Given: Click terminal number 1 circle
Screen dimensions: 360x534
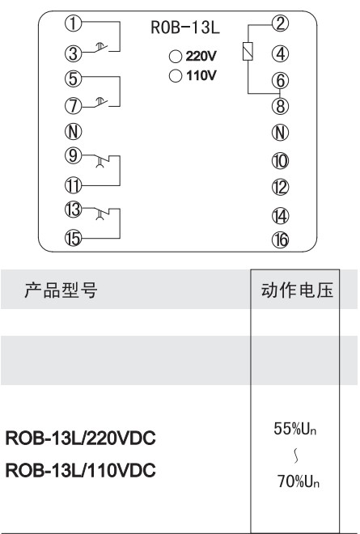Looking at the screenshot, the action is (74, 23).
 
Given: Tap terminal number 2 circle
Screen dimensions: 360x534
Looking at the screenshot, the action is (280, 23).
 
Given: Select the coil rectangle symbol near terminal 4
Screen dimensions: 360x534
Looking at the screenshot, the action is (248, 52).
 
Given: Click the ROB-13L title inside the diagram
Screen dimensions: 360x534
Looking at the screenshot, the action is (185, 28).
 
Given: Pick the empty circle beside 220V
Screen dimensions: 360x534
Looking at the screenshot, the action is (176, 57).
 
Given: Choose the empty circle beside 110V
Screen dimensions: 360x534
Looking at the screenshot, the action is (176, 75).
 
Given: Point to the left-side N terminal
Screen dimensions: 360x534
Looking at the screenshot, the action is (74, 131).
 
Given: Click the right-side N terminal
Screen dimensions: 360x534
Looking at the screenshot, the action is (280, 133).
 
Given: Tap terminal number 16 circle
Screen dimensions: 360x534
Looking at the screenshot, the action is (280, 240).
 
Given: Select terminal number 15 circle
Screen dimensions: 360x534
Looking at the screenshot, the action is (74, 238).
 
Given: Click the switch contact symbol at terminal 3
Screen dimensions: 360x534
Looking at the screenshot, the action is (101, 48).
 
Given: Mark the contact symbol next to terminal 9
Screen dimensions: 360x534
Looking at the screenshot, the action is (101, 161).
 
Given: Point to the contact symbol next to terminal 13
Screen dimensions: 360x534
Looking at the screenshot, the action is (101, 214).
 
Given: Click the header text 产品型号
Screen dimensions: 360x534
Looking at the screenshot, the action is (61, 290).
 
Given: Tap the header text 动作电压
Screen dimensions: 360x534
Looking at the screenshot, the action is (297, 290).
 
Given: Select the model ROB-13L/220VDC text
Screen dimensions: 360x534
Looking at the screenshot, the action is (81, 439).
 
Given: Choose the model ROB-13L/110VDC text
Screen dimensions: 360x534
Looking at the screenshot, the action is (81, 470).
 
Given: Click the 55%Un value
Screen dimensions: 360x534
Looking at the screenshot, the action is (295, 429).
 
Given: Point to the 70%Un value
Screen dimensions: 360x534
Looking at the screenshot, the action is (299, 481).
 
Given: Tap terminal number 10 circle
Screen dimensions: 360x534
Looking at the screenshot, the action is (280, 161).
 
